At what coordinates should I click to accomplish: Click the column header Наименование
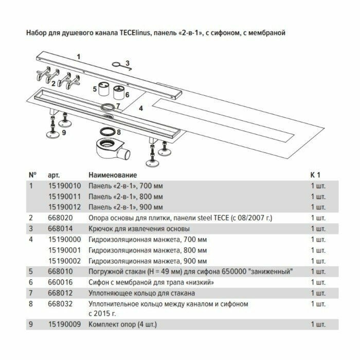coord(113,175)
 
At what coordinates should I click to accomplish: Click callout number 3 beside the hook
coord(128,63)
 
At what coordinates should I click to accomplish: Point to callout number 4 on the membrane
coord(140,108)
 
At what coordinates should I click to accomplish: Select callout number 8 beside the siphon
coord(119,132)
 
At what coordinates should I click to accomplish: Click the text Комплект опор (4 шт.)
coord(122,325)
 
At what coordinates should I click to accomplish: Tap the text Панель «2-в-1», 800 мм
coord(127,197)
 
